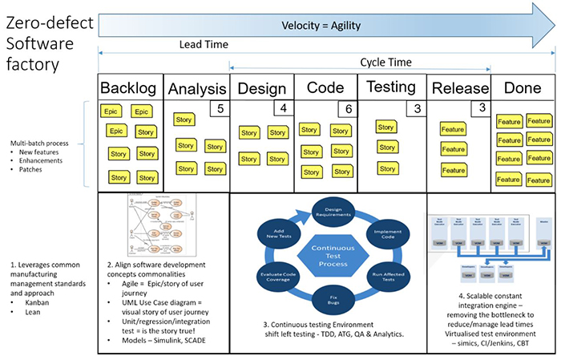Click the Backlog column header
[x=130, y=88]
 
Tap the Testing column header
[x=390, y=87]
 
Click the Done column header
[x=523, y=89]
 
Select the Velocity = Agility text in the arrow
[x=319, y=26]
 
